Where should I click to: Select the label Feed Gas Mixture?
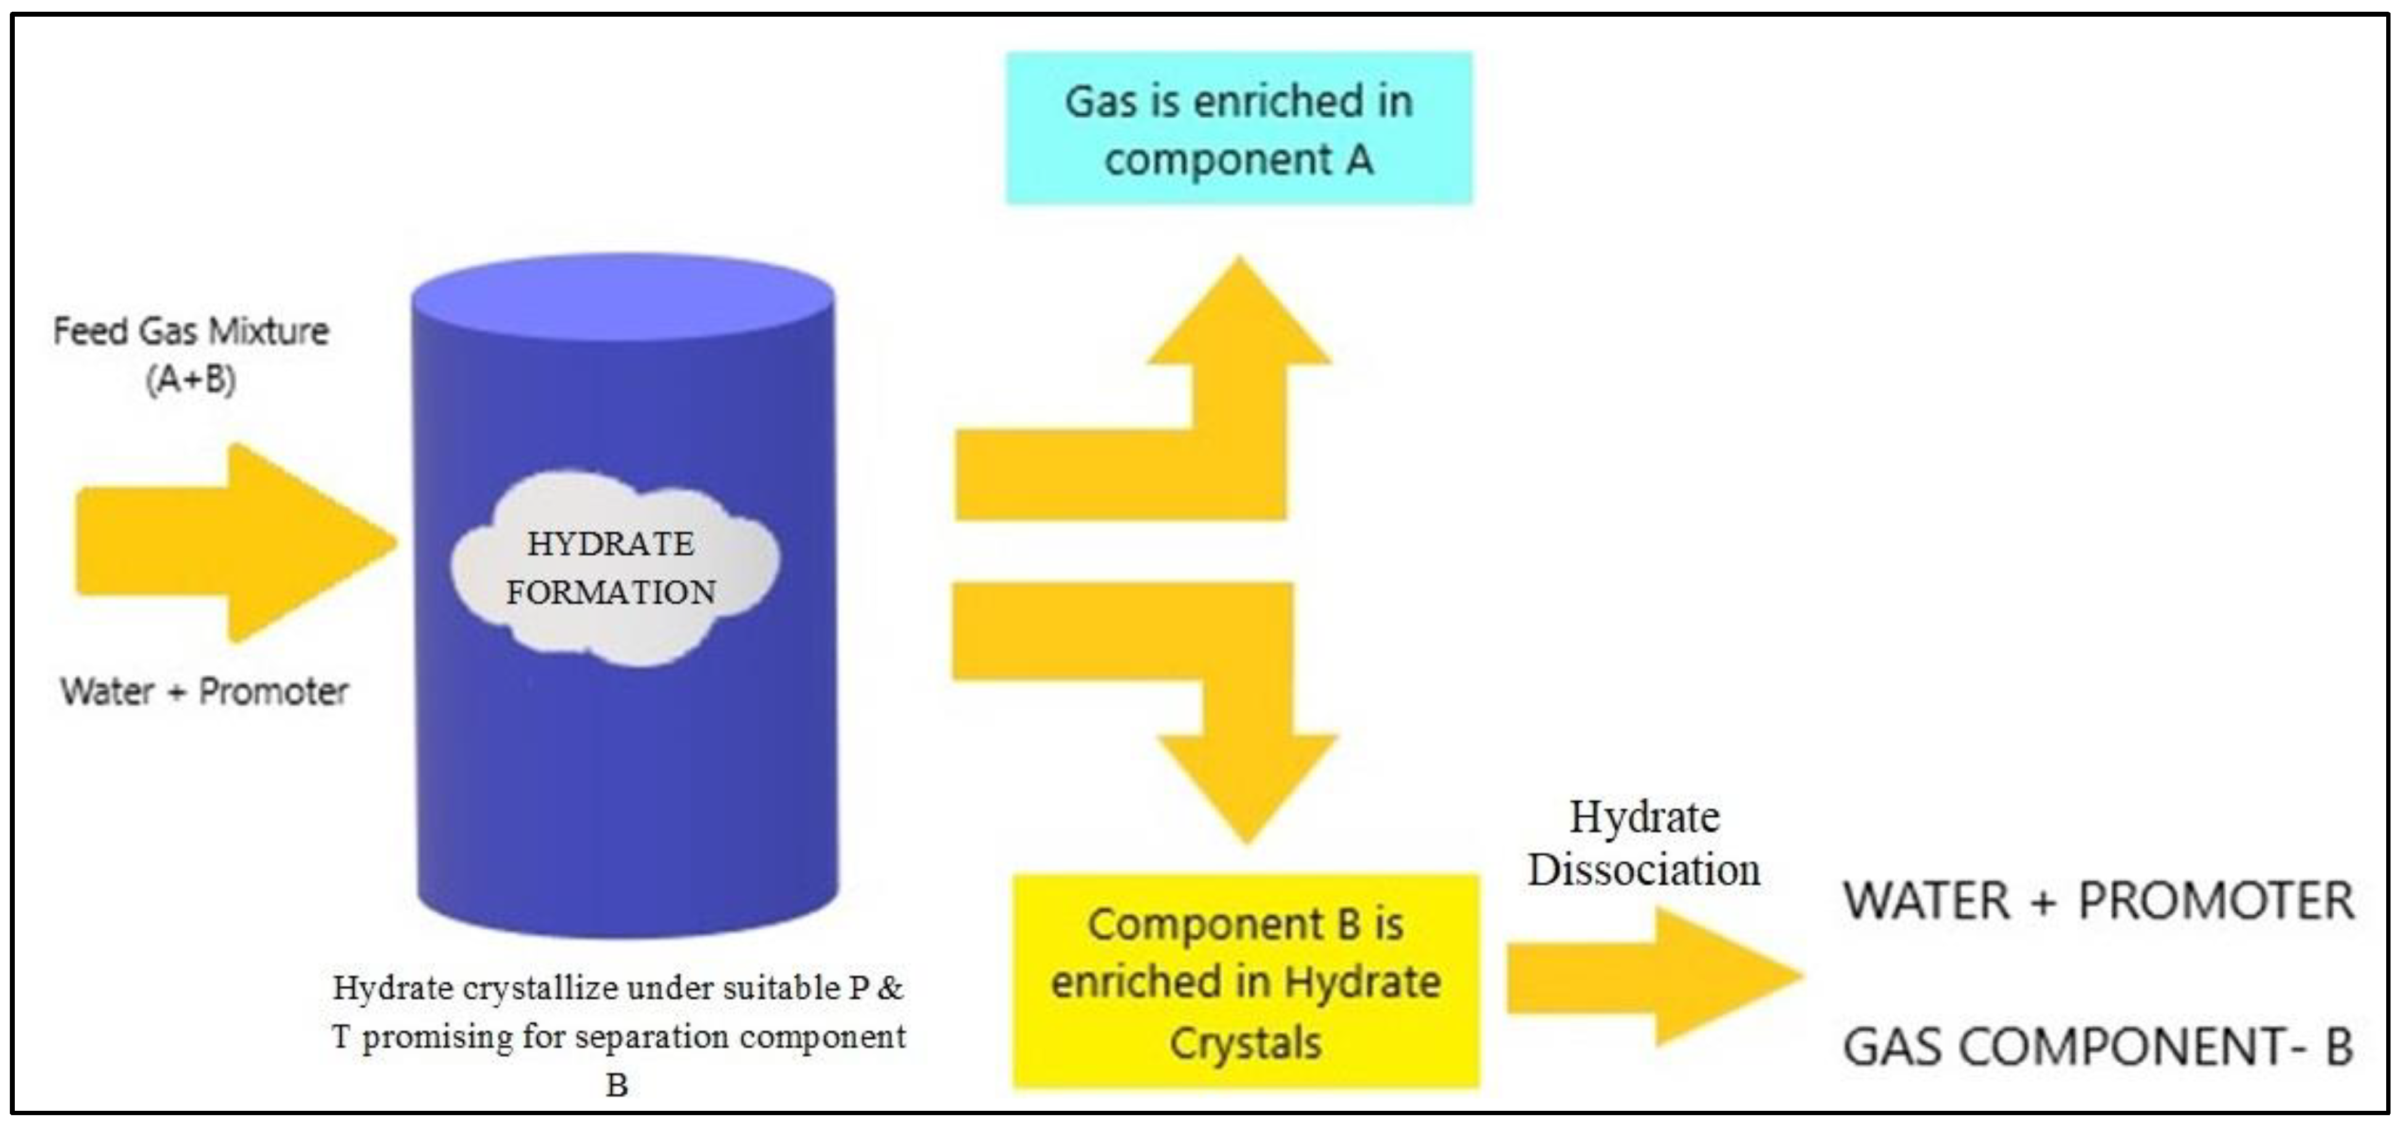[x=191, y=331]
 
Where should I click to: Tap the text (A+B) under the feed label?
[x=191, y=379]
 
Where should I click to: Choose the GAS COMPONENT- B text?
[x=2097, y=1047]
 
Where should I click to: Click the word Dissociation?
[x=1643, y=870]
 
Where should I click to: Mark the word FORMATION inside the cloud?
[x=611, y=593]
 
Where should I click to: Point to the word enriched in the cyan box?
[x=1267, y=101]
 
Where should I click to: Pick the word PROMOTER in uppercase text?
[x=2217, y=901]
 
